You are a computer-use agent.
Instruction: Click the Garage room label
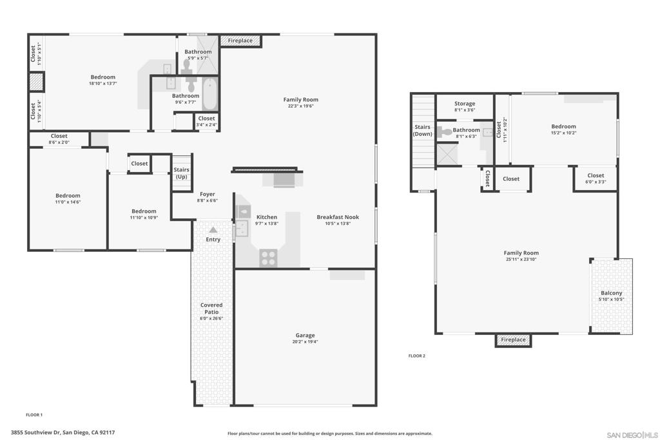click(x=305, y=335)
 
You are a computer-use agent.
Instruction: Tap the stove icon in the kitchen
click(x=268, y=258)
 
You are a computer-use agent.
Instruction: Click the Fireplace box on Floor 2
click(x=513, y=340)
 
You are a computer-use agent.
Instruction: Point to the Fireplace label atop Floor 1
click(x=240, y=41)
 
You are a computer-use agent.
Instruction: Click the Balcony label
click(x=612, y=293)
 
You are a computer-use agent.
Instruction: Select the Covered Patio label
click(x=211, y=309)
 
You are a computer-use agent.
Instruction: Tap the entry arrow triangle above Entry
click(x=213, y=229)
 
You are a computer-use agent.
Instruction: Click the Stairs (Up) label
click(x=182, y=173)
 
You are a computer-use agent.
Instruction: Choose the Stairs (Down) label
click(x=423, y=131)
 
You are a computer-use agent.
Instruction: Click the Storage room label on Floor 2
click(x=464, y=104)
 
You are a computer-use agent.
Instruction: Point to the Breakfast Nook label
click(x=338, y=217)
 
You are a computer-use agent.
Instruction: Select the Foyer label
click(x=207, y=194)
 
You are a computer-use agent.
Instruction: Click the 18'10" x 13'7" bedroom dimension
click(x=102, y=83)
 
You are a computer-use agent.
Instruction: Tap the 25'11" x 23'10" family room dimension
click(x=521, y=259)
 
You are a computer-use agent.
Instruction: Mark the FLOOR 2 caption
click(x=417, y=356)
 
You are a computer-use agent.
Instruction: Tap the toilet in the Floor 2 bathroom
click(x=446, y=133)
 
